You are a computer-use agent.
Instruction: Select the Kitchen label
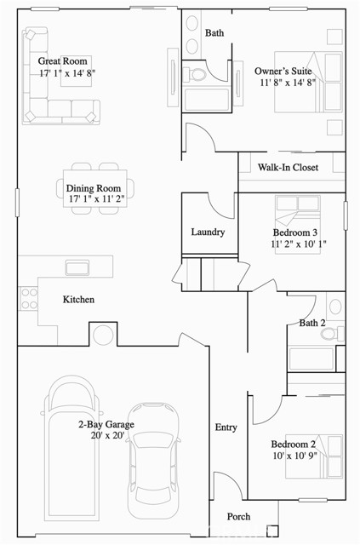78,300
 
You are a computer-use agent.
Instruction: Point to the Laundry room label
208,232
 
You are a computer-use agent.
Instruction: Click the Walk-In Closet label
288,168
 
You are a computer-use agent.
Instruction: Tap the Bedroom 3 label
295,232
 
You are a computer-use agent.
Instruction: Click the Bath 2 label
312,323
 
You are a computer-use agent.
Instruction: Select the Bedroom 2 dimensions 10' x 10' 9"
294,456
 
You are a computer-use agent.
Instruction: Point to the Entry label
226,427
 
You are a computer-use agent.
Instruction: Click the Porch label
238,517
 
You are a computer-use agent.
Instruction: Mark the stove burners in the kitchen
29,298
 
